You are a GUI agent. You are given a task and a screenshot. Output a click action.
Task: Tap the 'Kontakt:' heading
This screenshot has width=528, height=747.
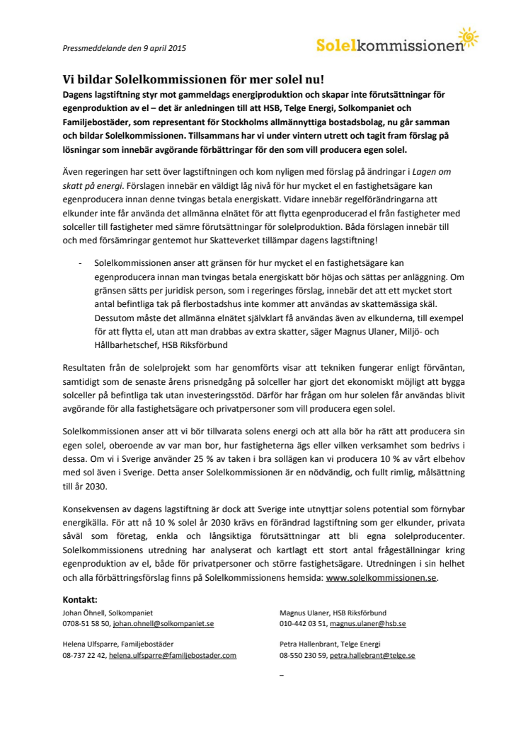point(79,599)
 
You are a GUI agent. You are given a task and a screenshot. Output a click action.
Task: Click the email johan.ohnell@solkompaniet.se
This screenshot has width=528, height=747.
point(163,624)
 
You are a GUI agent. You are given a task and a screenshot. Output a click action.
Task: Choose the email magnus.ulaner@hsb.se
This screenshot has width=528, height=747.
point(367,624)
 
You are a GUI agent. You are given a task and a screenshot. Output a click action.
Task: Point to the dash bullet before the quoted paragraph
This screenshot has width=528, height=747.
point(80,262)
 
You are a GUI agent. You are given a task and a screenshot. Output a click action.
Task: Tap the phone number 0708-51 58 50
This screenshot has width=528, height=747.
point(86,624)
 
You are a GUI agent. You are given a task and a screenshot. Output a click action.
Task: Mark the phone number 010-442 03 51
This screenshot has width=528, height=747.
point(302,624)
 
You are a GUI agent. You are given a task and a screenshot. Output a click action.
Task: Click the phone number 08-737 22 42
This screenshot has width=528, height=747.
point(83,656)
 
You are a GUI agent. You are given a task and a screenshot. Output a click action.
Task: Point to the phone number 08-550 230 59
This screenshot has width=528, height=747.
point(303,656)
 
